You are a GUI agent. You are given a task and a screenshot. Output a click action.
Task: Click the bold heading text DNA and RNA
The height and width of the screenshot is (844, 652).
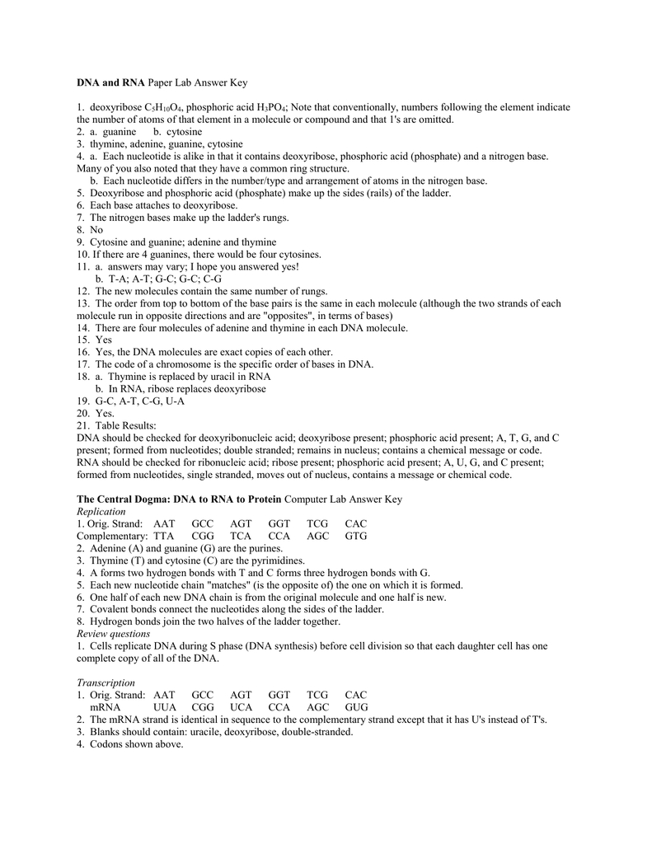[110, 83]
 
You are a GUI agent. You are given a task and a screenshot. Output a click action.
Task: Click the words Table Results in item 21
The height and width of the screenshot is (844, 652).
[125, 425]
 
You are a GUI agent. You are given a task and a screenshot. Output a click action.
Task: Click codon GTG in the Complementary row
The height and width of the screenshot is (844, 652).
[356, 536]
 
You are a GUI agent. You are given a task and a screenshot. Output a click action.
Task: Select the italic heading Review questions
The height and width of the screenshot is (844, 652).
[114, 634]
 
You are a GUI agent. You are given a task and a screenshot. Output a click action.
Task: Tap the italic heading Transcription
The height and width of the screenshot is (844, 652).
[106, 682]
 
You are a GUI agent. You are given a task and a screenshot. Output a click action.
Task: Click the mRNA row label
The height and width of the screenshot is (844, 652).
[106, 707]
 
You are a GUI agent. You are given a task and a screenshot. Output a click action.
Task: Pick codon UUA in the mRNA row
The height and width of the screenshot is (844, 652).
[165, 707]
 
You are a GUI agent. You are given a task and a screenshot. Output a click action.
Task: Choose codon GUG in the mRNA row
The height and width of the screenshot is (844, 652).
[357, 707]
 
